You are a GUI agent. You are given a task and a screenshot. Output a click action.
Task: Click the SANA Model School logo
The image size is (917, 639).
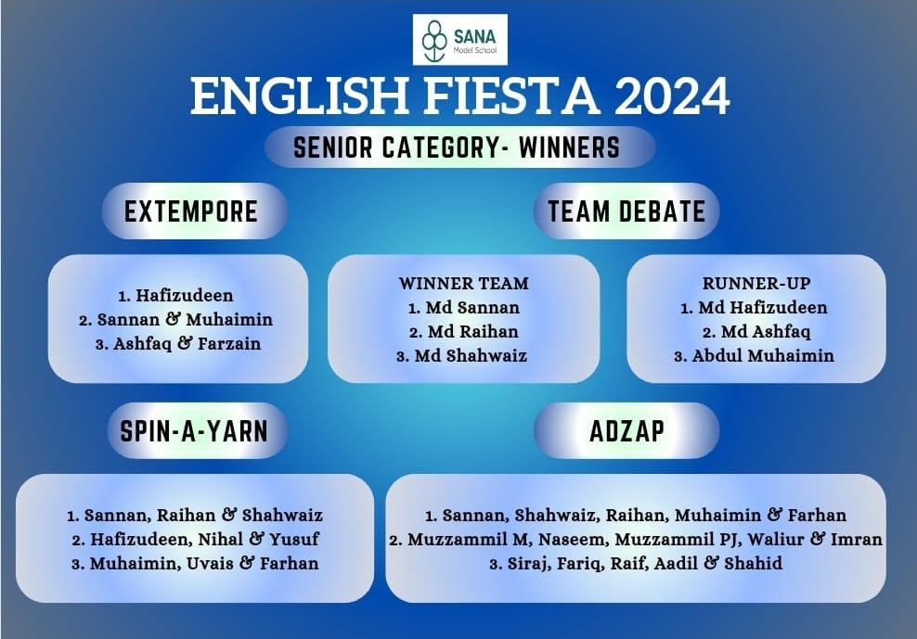pyautogui.click(x=460, y=39)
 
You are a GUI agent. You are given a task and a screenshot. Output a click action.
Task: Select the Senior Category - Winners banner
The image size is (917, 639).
pyautogui.click(x=459, y=147)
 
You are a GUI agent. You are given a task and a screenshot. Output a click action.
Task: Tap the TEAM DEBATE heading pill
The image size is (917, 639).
pyautogui.click(x=626, y=211)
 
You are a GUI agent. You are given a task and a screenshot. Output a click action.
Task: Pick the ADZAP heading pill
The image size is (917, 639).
pyautogui.click(x=626, y=431)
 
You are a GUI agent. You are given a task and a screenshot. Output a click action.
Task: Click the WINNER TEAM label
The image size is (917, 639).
pyautogui.click(x=464, y=284)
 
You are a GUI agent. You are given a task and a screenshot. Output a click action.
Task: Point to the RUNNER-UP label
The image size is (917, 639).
pyautogui.click(x=756, y=284)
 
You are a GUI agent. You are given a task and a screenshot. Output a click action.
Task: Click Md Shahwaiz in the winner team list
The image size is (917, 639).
pyautogui.click(x=471, y=355)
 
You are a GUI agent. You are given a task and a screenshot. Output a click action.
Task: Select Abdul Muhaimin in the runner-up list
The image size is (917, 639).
pyautogui.click(x=763, y=355)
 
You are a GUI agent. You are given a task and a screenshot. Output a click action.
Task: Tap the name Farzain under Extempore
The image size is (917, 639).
pyautogui.click(x=229, y=343)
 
